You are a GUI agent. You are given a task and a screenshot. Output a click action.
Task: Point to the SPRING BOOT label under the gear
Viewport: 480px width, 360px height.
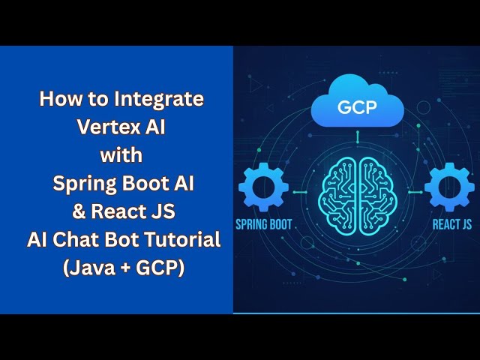coord(264,224)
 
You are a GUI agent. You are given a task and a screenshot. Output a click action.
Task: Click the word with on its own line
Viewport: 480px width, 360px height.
coord(121,155)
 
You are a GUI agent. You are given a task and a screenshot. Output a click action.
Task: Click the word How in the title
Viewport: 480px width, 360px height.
coord(58,98)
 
